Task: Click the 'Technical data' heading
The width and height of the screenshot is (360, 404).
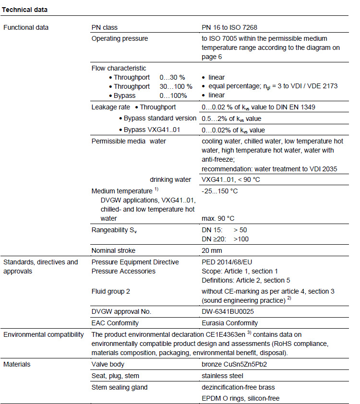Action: click(25, 10)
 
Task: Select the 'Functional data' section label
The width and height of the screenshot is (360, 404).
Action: click(26, 27)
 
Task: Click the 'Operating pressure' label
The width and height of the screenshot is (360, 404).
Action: click(120, 38)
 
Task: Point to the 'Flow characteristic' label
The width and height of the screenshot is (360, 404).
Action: click(119, 68)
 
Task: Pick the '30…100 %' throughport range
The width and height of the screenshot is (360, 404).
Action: click(176, 86)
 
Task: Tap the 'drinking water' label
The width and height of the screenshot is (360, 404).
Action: click(170, 180)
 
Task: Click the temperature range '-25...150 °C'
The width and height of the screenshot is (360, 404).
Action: click(220, 191)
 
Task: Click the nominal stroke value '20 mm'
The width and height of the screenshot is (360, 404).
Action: click(212, 250)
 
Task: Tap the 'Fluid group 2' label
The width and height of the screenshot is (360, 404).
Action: click(111, 291)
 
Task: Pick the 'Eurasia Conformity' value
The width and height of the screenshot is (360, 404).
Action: click(229, 323)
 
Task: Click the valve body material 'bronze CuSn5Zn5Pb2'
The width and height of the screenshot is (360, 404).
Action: click(234, 364)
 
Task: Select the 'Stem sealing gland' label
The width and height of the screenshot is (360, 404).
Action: click(120, 387)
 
